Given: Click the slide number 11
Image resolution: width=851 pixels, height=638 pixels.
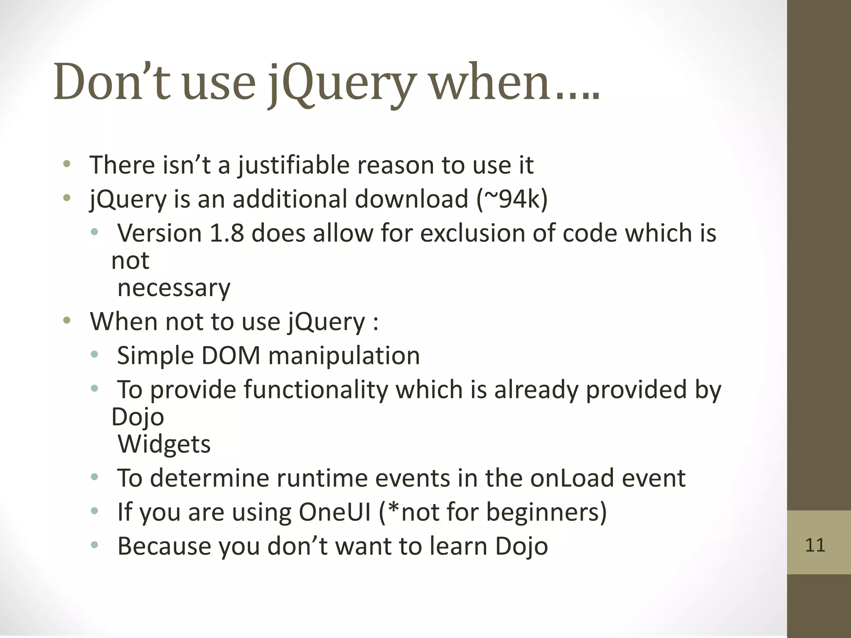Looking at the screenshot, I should pos(815,545).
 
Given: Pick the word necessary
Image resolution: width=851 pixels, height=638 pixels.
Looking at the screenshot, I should pos(174,288).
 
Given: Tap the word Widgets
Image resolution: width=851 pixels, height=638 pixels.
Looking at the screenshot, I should pos(164,444).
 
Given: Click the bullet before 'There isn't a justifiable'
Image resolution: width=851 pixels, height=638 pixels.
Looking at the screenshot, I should pos(66,164).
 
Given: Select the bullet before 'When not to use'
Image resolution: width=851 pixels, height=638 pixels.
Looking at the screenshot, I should pos(66,321).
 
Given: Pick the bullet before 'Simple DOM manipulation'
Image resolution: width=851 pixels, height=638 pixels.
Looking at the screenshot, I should pos(95,355).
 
